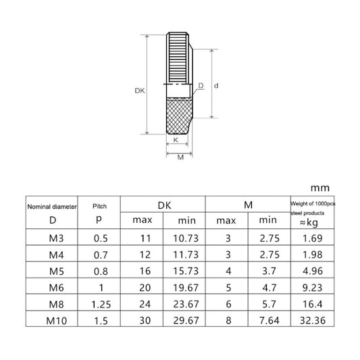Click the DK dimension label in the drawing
[x=140, y=91]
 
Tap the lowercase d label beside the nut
[x=216, y=86]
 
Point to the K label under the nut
[x=176, y=140]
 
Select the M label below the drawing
[x=180, y=157]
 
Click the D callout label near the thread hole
[x=201, y=85]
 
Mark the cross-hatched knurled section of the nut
[x=179, y=115]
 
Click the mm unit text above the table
[x=320, y=188]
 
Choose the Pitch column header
[x=99, y=206]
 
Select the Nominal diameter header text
[x=52, y=207]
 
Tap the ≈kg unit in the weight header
[x=309, y=223]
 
